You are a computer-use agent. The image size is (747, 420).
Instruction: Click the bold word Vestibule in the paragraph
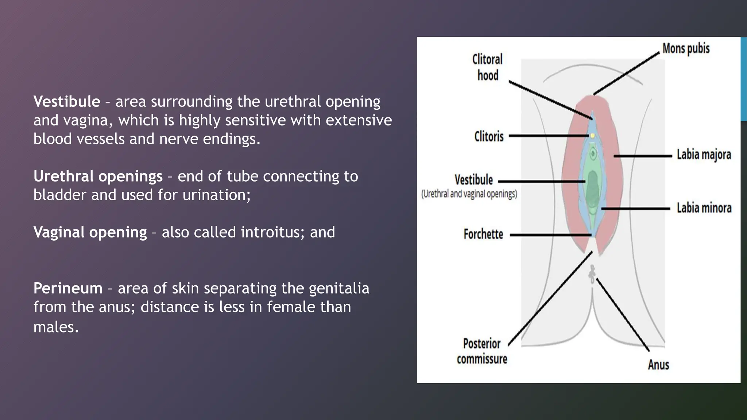[x=66, y=102]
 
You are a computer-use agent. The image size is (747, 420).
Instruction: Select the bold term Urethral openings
[x=98, y=176]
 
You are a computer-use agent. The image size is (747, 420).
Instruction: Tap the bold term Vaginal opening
[x=90, y=232]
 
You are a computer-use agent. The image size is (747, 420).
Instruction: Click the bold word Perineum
[x=68, y=288]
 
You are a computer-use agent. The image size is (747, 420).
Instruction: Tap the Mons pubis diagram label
[x=686, y=48]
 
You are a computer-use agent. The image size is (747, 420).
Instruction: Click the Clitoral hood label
[x=487, y=67]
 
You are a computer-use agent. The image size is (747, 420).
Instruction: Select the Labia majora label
[x=704, y=155]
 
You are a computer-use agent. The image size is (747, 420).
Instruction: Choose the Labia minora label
[x=704, y=208]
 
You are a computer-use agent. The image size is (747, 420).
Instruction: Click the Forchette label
[x=483, y=234]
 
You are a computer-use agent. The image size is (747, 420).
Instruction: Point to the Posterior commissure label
[x=482, y=351]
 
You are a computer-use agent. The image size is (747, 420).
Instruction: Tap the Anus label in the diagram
[x=658, y=365]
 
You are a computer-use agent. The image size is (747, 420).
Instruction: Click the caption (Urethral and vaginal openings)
[x=469, y=194]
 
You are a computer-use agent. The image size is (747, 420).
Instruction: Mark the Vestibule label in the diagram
[x=473, y=180]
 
